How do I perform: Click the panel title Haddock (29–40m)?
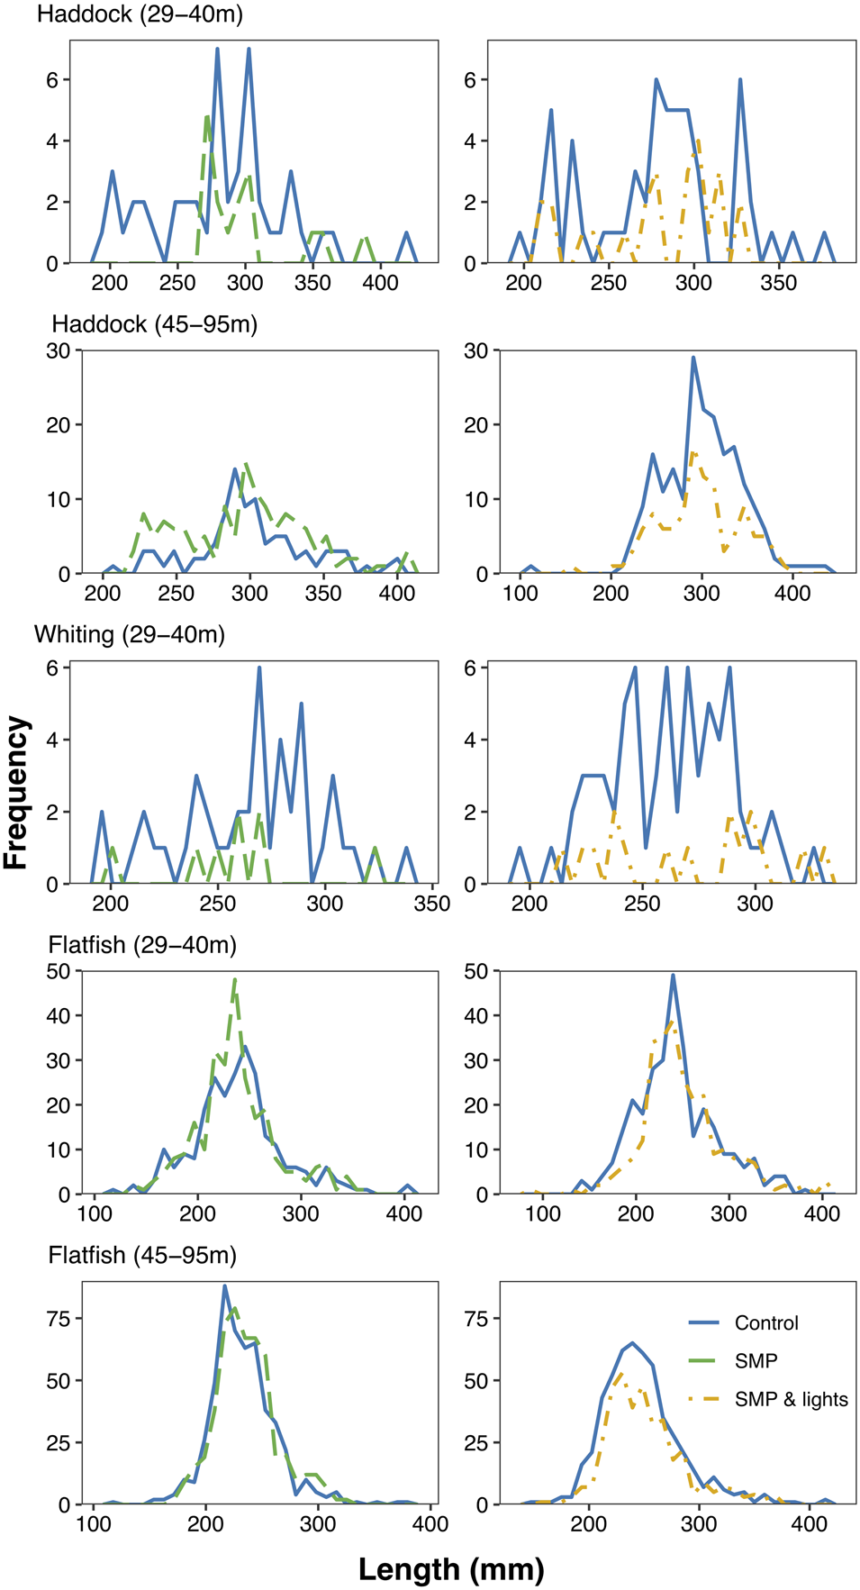(140, 14)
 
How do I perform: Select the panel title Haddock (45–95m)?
(155, 324)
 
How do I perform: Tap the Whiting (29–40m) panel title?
(130, 634)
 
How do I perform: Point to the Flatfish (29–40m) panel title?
(142, 945)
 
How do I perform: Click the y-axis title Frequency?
(16, 792)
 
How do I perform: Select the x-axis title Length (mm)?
(451, 1568)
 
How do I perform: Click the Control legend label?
(766, 1322)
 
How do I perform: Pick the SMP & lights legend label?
(791, 1399)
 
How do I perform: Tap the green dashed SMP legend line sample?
(704, 1360)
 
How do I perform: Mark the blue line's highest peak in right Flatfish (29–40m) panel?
(673, 975)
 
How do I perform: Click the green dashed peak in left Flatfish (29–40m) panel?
(235, 979)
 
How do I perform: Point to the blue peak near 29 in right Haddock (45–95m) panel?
(693, 357)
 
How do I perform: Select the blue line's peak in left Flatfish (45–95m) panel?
(224, 1286)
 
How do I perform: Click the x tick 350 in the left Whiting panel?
(432, 904)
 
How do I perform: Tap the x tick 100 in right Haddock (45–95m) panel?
(521, 593)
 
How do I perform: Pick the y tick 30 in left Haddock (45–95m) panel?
(59, 350)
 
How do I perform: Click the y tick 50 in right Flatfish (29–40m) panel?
(475, 970)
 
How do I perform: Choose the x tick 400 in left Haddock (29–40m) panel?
(380, 283)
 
